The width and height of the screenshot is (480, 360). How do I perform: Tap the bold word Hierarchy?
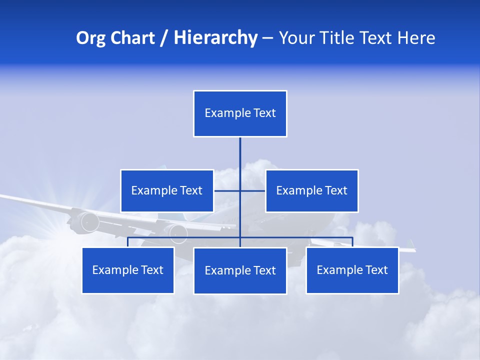pyautogui.click(x=215, y=38)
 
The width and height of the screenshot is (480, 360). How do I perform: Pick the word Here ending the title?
pyautogui.click(x=416, y=38)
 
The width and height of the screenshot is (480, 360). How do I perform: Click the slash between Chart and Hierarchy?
pyautogui.click(x=163, y=38)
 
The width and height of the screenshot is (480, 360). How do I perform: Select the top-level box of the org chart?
pyautogui.click(x=240, y=113)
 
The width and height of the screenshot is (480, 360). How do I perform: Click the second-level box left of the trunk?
pyautogui.click(x=167, y=190)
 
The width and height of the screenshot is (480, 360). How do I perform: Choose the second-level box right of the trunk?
pyautogui.click(x=312, y=190)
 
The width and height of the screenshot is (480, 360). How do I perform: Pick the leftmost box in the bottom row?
pyautogui.click(x=128, y=270)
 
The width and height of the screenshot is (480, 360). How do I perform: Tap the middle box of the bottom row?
pyautogui.click(x=240, y=271)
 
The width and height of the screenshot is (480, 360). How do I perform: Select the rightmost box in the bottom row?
pyautogui.click(x=352, y=270)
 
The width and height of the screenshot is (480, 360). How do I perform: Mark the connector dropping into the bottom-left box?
pyautogui.click(x=128, y=242)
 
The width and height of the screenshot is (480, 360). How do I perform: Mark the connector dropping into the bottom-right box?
pyautogui.click(x=352, y=242)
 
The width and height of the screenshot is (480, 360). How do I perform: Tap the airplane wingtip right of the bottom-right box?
pyautogui.click(x=409, y=249)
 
